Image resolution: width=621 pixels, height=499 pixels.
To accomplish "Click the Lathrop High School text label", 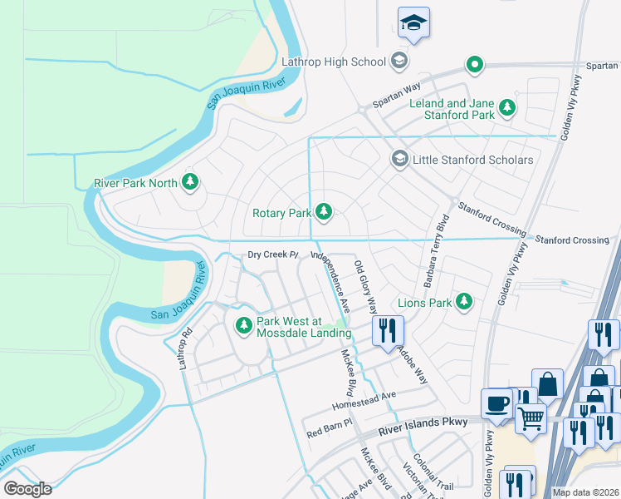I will pos(334,62).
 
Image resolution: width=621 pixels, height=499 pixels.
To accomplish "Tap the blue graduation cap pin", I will pos(413,24).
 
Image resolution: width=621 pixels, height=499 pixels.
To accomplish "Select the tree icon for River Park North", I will pos(190,182).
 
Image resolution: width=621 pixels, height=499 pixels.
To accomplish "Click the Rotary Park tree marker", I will pos(323,213).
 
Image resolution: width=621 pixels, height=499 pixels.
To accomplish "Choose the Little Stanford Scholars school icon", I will pos(399,159).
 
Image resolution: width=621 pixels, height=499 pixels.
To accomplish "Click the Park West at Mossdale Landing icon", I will pos(243,326).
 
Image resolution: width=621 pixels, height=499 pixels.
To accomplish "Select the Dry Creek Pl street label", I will pos(272,255).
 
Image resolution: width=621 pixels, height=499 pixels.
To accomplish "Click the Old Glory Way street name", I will pos(365,286).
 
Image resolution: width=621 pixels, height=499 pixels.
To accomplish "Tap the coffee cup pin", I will pos(496,403).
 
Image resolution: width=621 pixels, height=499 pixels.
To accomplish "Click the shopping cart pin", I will pos(531,416).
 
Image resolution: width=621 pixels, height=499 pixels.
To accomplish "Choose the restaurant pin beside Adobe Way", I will pos(387,330).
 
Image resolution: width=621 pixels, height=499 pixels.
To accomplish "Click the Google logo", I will pos(28,489).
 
